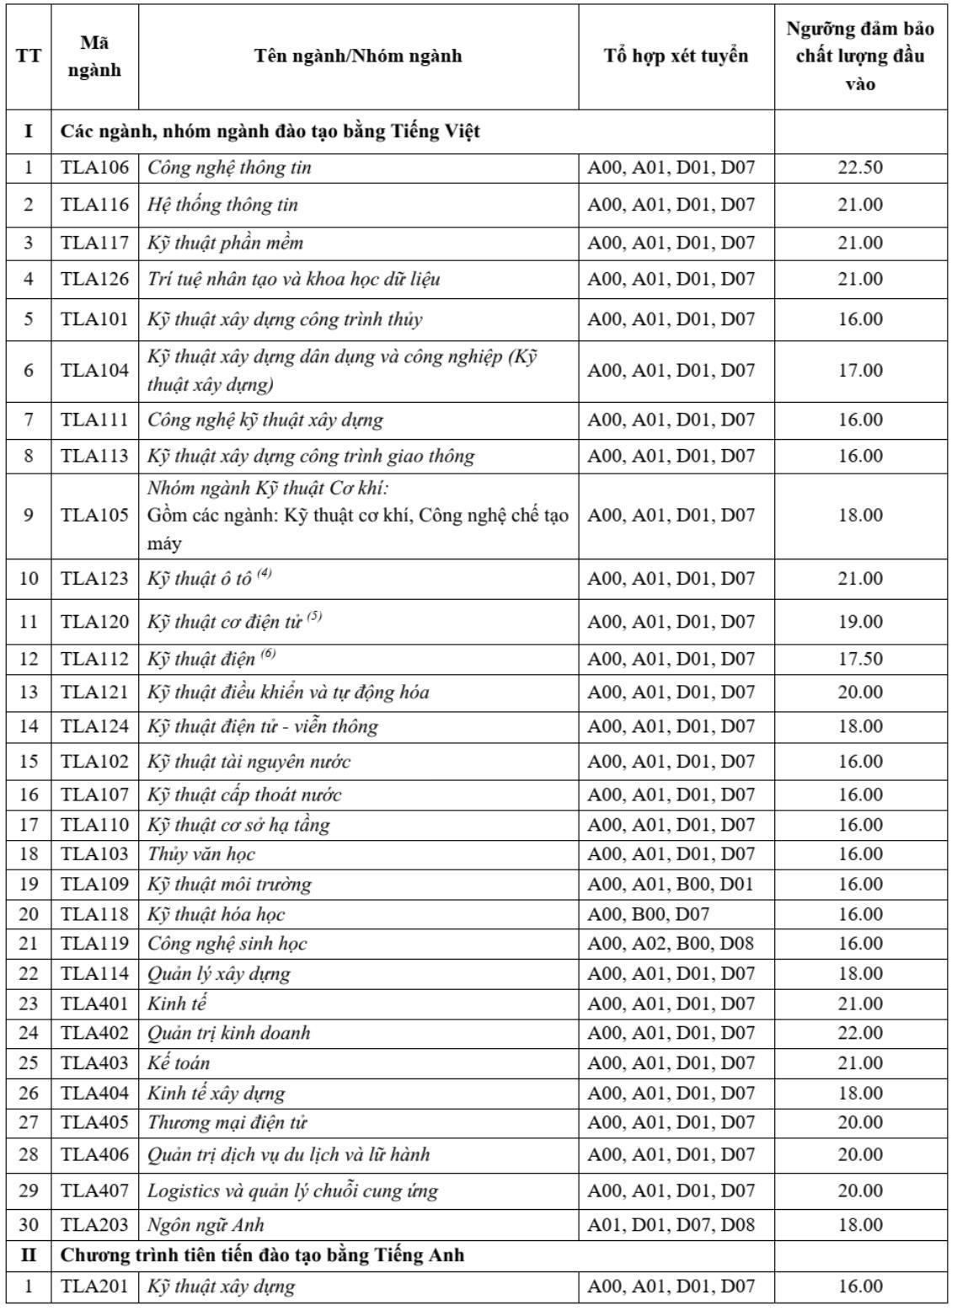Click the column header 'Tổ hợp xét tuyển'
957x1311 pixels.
tap(676, 56)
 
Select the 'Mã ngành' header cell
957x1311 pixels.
tap(94, 56)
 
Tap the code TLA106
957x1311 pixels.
tap(94, 168)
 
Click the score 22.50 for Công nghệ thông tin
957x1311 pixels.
tap(859, 168)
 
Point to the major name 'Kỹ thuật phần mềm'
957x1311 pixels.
tap(225, 243)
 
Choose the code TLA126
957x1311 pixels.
tap(94, 280)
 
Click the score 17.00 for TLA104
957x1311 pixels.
tap(859, 371)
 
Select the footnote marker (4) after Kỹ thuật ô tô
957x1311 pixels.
tap(265, 574)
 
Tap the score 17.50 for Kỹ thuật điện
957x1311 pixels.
tap(859, 659)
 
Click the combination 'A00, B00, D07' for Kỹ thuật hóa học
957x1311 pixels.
tap(648, 914)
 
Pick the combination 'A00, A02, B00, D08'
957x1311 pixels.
tap(670, 944)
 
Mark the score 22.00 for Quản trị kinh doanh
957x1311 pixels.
tap(859, 1033)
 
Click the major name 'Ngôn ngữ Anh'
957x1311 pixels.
tap(206, 1225)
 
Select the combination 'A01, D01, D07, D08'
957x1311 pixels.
tap(671, 1225)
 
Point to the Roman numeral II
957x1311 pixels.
tap(29, 1255)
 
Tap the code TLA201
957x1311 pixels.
tap(94, 1287)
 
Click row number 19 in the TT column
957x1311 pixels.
tap(29, 885)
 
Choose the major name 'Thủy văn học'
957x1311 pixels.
tap(200, 854)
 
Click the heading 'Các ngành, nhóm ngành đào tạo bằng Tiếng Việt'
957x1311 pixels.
tap(270, 132)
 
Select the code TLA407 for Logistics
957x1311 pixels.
tap(94, 1191)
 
